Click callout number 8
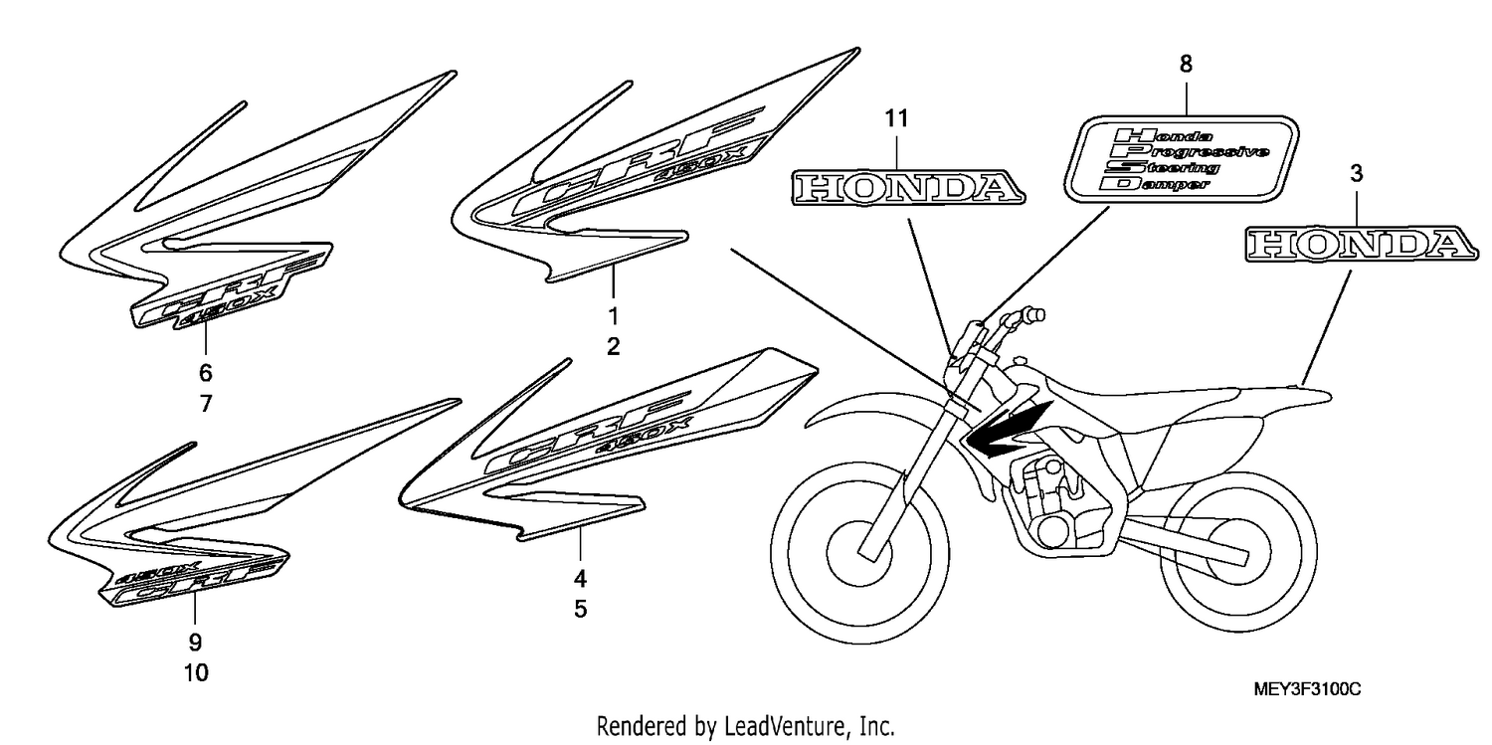1186,64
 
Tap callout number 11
896,118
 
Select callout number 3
1356,174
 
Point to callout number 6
205,373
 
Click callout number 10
196,673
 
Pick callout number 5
580,609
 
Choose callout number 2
613,346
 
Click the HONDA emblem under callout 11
908,187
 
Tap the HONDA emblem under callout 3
1362,244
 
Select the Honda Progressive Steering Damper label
1181,158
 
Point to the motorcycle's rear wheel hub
1231,554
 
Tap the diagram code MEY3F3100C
1307,689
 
